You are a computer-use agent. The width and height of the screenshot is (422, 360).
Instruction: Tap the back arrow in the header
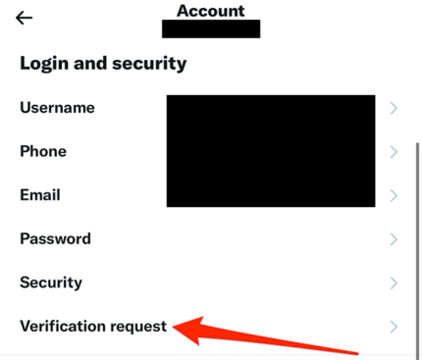[x=24, y=18]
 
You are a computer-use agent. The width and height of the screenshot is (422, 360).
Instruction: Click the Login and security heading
[x=103, y=65]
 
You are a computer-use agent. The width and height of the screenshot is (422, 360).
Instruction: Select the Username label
[x=57, y=108]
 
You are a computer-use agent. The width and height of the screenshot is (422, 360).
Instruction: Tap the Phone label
[x=43, y=151]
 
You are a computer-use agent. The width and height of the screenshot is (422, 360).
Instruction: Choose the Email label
[x=40, y=195]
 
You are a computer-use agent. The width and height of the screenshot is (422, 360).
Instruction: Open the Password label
[x=55, y=238]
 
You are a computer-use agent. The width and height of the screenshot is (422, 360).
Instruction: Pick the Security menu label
[x=50, y=283]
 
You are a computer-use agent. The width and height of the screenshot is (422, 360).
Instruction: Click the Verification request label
[x=93, y=326]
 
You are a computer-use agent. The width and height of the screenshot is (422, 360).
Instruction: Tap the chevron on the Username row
[x=394, y=108]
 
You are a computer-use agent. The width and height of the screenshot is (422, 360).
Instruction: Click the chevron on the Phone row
[x=394, y=152]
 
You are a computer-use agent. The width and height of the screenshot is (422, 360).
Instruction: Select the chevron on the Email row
[x=394, y=195]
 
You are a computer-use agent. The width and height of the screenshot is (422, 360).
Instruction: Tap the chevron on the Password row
[x=394, y=238]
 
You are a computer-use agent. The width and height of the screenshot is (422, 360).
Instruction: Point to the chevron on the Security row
[x=394, y=283]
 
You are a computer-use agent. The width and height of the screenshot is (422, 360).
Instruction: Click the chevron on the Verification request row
[x=394, y=326]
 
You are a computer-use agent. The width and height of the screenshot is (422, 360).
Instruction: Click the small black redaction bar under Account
[x=211, y=28]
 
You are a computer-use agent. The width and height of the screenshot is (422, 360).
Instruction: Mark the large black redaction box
[x=270, y=150]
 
